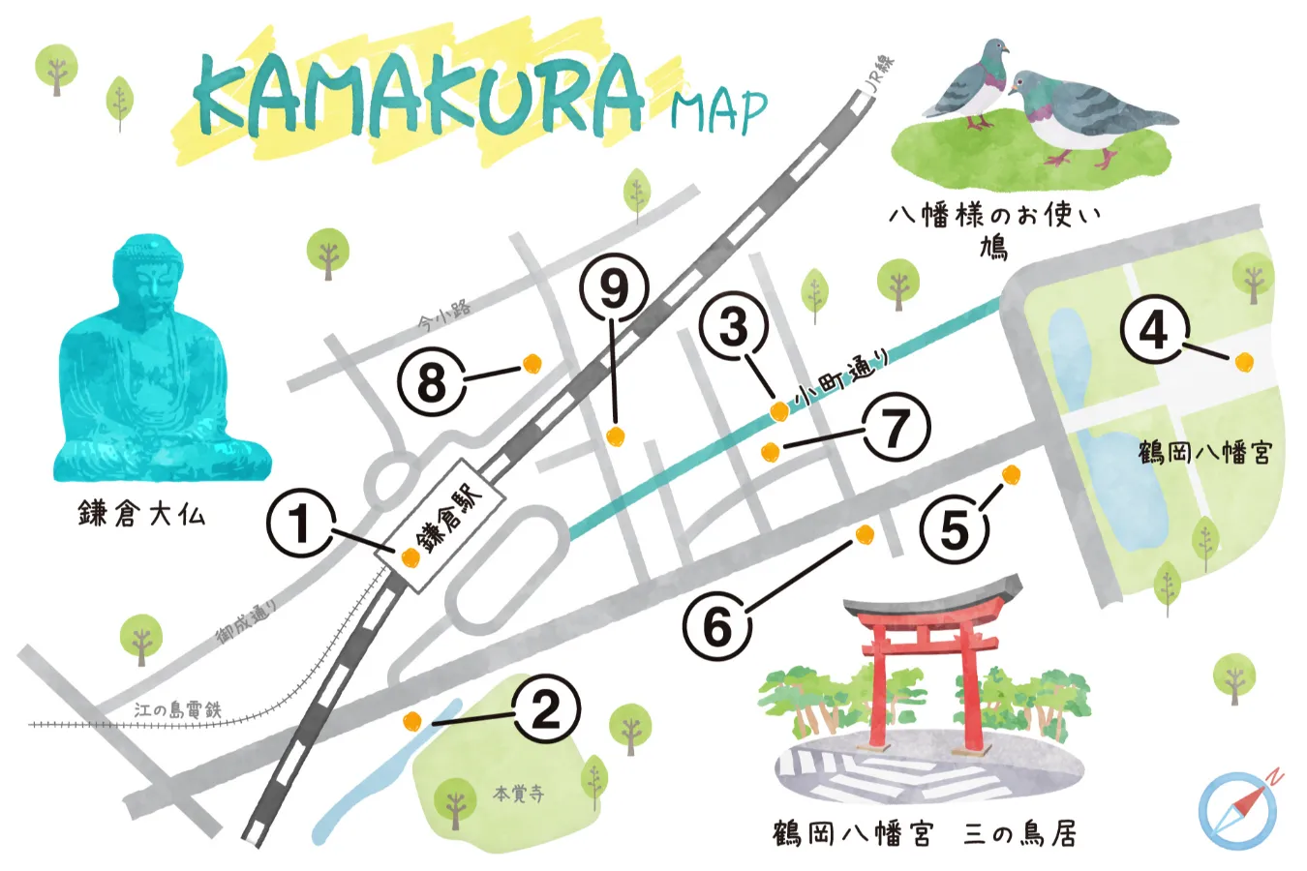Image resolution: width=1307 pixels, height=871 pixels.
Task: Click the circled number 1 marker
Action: pyautogui.click(x=300, y=524)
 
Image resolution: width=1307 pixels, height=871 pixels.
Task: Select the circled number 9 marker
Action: pyautogui.click(x=614, y=287)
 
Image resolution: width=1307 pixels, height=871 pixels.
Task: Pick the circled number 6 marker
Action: pyautogui.click(x=716, y=626)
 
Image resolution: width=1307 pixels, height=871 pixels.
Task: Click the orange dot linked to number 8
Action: pyautogui.click(x=531, y=363)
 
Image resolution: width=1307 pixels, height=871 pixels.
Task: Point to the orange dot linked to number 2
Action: pyautogui.click(x=411, y=720)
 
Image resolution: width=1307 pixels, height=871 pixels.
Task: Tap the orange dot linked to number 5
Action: pyautogui.click(x=1011, y=474)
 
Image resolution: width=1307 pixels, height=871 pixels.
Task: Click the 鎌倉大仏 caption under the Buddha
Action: pyautogui.click(x=141, y=513)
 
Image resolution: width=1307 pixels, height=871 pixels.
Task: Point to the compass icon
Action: pyautogui.click(x=1237, y=811)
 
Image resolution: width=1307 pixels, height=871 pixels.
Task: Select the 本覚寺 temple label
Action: pyautogui.click(x=518, y=794)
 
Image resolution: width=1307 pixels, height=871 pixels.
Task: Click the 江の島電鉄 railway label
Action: pyautogui.click(x=177, y=710)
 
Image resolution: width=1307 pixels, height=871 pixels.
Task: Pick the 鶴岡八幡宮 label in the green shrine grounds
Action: pyautogui.click(x=1204, y=452)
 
